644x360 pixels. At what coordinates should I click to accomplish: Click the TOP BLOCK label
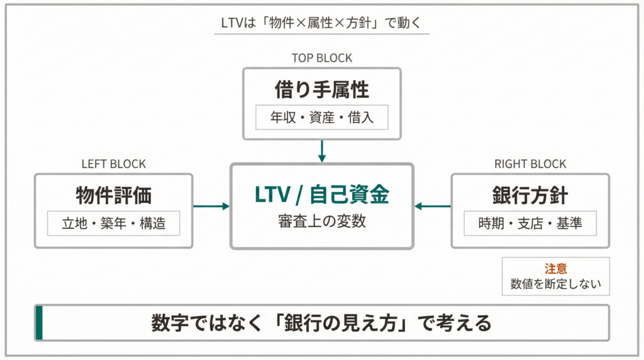tap(321, 58)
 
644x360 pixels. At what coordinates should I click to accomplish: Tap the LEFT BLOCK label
tap(113, 164)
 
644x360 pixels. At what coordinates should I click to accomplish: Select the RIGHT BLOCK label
tap(530, 164)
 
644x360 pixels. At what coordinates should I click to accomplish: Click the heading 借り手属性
tap(321, 90)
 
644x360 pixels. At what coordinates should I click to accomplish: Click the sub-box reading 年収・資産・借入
tap(321, 118)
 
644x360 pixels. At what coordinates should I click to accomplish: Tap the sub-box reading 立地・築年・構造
tap(113, 223)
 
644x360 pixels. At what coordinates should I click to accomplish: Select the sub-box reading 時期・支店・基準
tap(530, 223)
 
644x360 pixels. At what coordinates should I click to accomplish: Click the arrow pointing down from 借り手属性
tap(321, 151)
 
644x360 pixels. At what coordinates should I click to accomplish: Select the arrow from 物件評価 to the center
tap(211, 206)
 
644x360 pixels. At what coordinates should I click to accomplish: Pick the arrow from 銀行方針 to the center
tap(433, 206)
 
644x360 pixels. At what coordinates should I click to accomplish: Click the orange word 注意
tap(555, 268)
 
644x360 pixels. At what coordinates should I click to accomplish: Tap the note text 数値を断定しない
tap(555, 283)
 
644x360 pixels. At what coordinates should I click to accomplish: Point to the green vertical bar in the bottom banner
tap(39, 323)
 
